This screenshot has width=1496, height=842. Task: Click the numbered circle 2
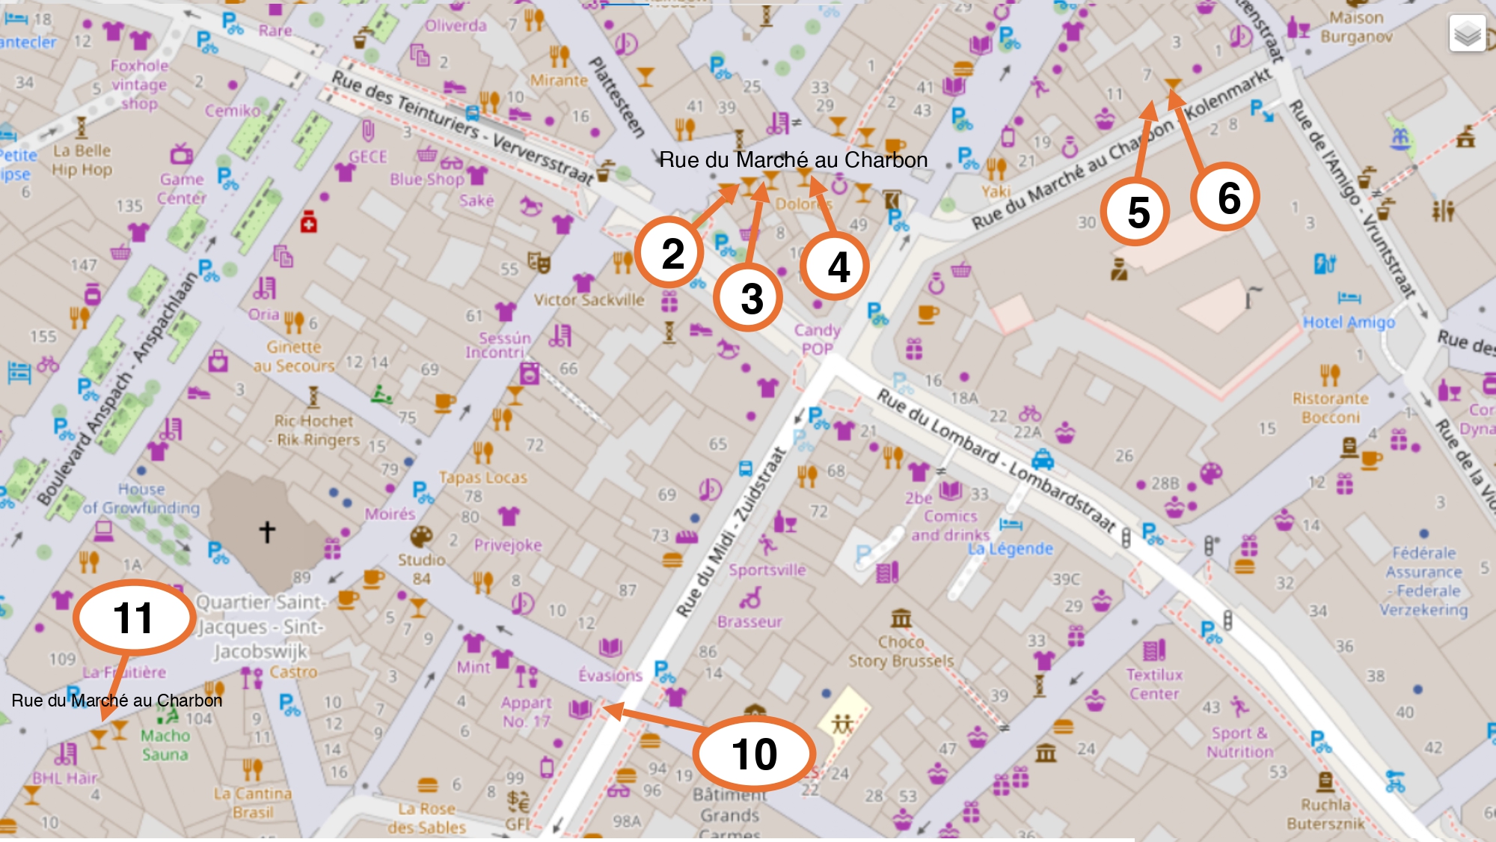coord(671,252)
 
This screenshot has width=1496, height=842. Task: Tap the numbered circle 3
coord(749,297)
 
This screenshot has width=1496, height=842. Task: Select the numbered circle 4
coord(836,266)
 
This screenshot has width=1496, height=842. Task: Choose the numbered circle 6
coord(1226,197)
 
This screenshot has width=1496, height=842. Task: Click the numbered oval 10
coord(754,753)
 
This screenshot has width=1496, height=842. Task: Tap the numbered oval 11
coord(133,617)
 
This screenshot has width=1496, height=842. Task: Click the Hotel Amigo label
coord(1349,322)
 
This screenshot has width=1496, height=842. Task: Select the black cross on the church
coord(267,531)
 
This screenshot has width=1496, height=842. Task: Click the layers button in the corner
coord(1467,33)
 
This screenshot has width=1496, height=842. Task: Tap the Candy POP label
coord(817,339)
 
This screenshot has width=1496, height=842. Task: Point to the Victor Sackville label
coord(589,300)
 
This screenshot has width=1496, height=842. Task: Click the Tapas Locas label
coord(482,477)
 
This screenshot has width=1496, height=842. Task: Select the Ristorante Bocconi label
coord(1330,408)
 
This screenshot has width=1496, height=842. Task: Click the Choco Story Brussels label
coord(901,652)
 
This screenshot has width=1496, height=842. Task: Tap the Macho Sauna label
coord(165,745)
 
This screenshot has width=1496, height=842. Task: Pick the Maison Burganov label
coord(1355,27)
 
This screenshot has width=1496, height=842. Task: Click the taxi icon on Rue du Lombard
coord(1043,458)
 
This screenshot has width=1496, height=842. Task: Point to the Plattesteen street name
coord(617,97)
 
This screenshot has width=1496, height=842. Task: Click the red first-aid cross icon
coord(308,222)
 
